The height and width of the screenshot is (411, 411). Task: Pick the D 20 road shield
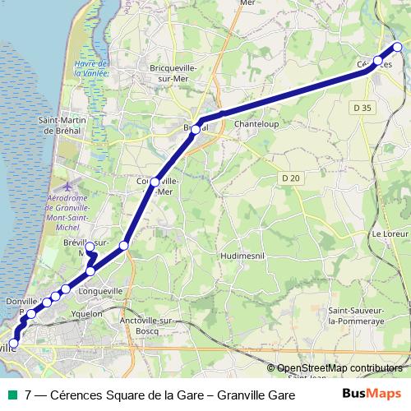point(289,178)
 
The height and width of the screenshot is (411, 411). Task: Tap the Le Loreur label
point(390,233)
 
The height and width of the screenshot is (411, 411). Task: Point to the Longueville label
point(100,290)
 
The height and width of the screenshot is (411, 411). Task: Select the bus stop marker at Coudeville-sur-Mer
point(155,182)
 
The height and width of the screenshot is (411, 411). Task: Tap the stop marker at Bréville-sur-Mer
point(90,246)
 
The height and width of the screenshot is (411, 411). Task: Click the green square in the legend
point(11,395)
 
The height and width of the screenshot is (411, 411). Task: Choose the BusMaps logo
point(372,395)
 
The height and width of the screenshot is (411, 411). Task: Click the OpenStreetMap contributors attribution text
point(339,367)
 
